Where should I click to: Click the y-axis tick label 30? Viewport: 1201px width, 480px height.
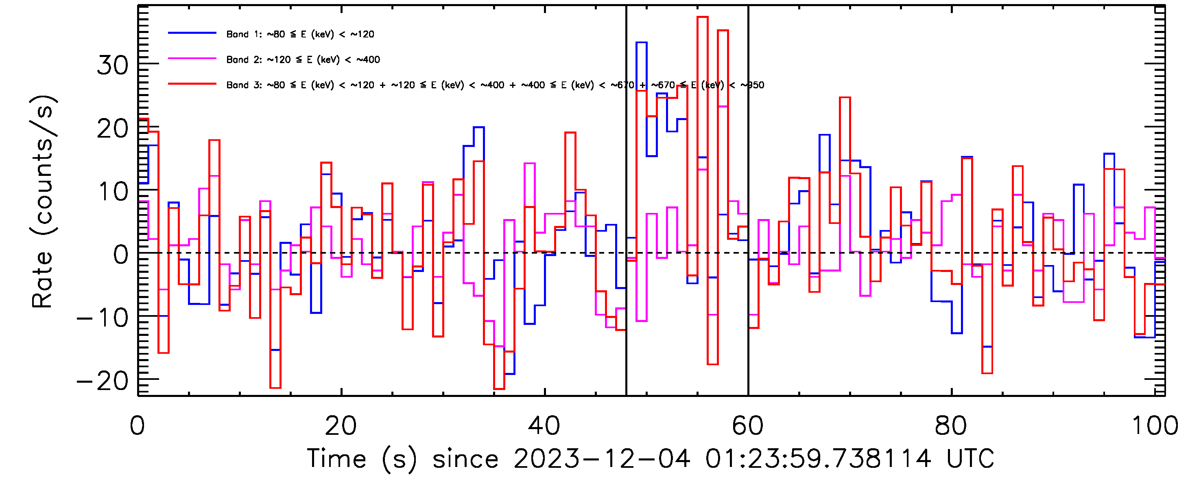[x=112, y=65]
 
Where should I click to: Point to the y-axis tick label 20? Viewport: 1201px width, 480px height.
[x=112, y=129]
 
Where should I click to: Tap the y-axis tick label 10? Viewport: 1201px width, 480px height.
[x=112, y=192]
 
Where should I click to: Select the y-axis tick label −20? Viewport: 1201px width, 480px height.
[x=103, y=381]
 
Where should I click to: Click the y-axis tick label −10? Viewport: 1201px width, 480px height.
[x=103, y=318]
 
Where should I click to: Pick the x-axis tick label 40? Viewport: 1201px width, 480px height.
[x=544, y=426]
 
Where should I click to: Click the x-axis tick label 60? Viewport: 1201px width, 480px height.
[x=747, y=426]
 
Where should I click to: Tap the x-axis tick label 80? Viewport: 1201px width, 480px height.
[x=951, y=426]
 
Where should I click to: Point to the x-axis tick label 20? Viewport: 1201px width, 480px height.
[x=341, y=426]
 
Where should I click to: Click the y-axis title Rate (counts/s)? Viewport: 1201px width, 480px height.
[x=43, y=202]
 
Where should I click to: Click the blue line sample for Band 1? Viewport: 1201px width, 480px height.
[x=192, y=33]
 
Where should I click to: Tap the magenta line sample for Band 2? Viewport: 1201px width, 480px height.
[x=192, y=59]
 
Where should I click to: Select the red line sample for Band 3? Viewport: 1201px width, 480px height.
[x=192, y=84]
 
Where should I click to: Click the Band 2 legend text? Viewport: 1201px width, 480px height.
[x=303, y=60]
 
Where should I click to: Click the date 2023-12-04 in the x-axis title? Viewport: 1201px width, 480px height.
[x=601, y=458]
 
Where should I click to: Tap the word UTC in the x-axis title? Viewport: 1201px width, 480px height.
[x=970, y=458]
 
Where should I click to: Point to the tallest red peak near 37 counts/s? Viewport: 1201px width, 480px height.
[x=702, y=17]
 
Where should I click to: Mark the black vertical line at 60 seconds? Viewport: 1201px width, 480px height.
[x=748, y=303]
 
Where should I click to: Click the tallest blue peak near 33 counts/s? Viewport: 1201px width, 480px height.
[x=641, y=43]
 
